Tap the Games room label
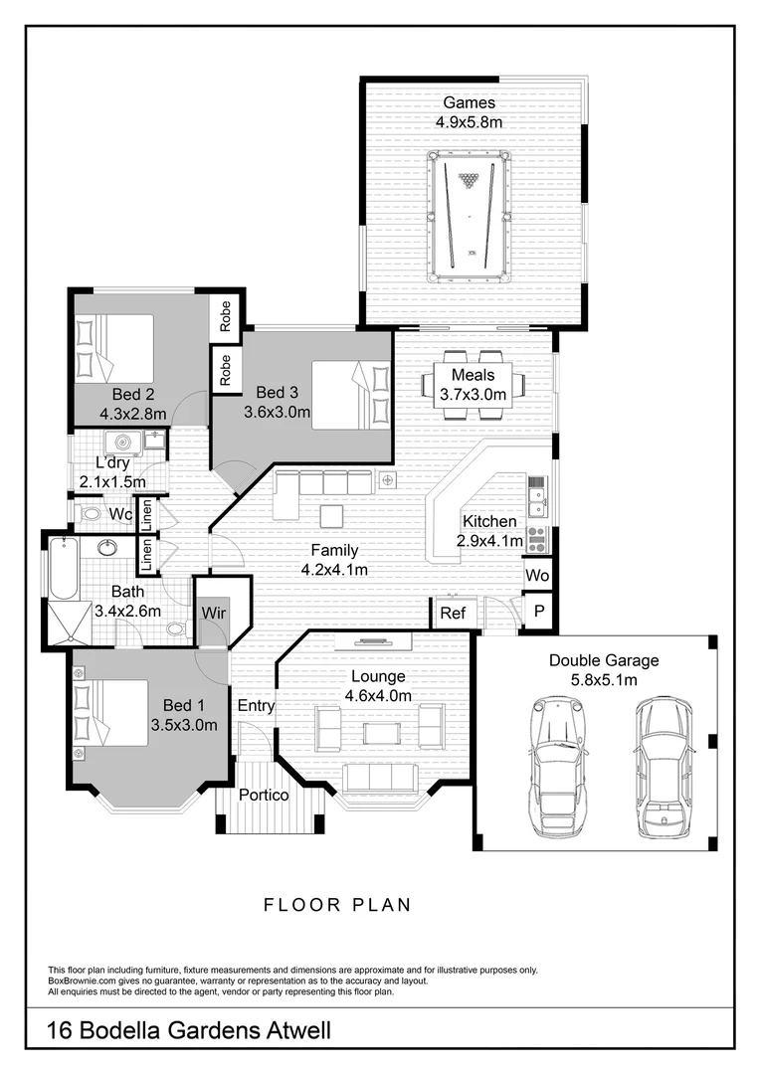click(469, 102)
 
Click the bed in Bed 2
click(112, 347)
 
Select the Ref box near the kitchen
click(453, 614)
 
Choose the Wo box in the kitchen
click(537, 576)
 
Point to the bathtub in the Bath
click(64, 569)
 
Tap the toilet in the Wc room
click(93, 515)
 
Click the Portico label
click(264, 796)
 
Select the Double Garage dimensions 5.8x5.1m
click(604, 679)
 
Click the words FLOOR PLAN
click(337, 905)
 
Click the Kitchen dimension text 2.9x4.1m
click(488, 541)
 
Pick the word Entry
click(256, 706)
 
